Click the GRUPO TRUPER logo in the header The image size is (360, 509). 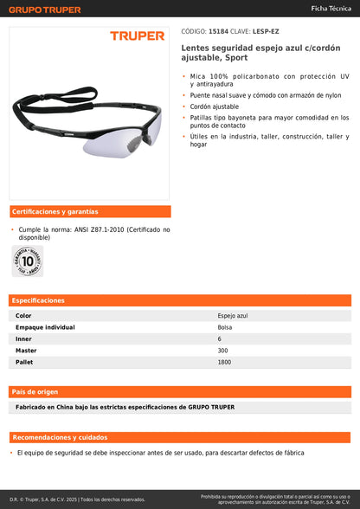point(45,10)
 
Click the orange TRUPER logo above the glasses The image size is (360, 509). point(137,36)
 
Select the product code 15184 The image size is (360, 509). point(220,31)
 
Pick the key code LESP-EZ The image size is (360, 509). point(266,31)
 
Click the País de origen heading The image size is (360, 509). point(35,391)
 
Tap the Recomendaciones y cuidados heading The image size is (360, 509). point(61,437)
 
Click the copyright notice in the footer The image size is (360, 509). point(78,499)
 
